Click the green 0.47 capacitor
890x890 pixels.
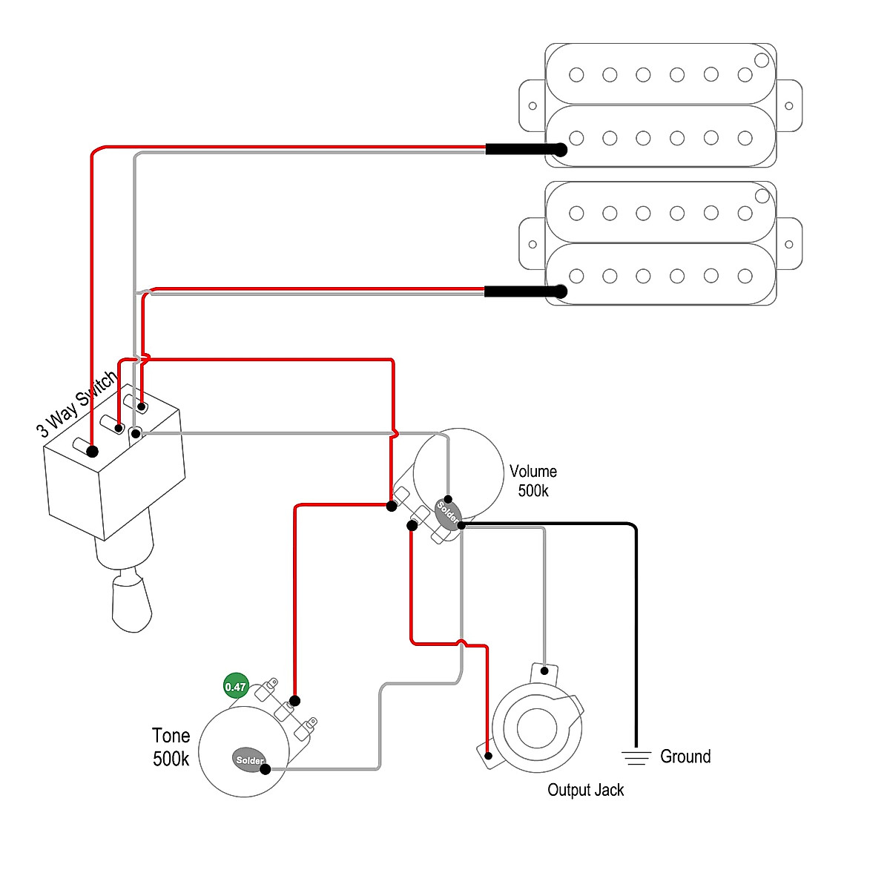click(x=235, y=687)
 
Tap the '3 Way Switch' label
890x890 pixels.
click(x=77, y=404)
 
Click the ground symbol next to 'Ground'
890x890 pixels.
click(x=635, y=757)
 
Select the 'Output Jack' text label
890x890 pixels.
click(x=585, y=790)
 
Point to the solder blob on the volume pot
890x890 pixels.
click(x=447, y=512)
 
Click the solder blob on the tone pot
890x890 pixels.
click(x=249, y=760)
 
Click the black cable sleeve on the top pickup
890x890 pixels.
click(x=524, y=150)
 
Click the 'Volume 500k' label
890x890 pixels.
click(x=533, y=481)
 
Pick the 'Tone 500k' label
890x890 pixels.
click(x=171, y=747)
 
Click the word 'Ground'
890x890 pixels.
click(x=685, y=756)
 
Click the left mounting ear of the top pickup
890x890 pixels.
click(x=532, y=106)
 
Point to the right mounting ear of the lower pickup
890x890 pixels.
click(x=789, y=244)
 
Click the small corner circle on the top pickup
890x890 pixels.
click(x=762, y=60)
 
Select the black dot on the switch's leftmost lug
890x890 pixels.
click(x=93, y=451)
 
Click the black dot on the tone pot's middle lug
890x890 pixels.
click(x=294, y=701)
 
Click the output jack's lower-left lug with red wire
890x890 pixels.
click(x=487, y=756)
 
